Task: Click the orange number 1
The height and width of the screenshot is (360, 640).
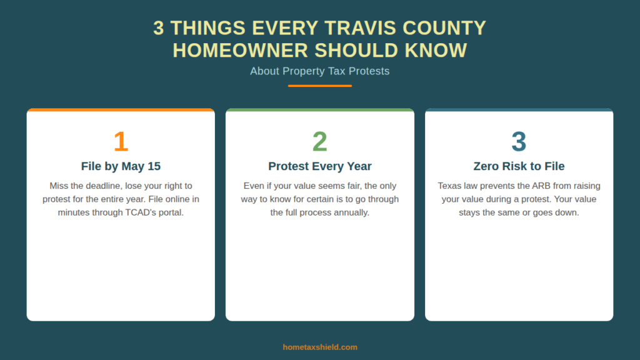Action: click(x=121, y=142)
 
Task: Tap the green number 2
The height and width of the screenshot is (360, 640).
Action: click(x=319, y=142)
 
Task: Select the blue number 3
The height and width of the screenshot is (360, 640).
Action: click(x=519, y=142)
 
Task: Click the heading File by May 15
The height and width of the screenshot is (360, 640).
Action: click(x=121, y=166)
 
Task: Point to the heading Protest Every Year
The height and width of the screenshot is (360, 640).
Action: click(x=319, y=166)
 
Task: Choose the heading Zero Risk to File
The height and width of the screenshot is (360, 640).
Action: click(x=519, y=166)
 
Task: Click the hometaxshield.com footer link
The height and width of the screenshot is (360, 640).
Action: click(x=320, y=347)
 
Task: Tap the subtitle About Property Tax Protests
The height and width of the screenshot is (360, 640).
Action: click(x=320, y=71)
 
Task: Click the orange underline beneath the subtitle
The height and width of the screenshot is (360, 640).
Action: click(x=320, y=86)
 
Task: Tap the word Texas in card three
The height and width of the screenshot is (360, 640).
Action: click(x=450, y=186)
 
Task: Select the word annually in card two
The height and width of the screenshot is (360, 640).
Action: click(x=351, y=212)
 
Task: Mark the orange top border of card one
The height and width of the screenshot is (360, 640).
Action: click(x=121, y=110)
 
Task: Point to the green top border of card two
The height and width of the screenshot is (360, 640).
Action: click(x=319, y=110)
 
